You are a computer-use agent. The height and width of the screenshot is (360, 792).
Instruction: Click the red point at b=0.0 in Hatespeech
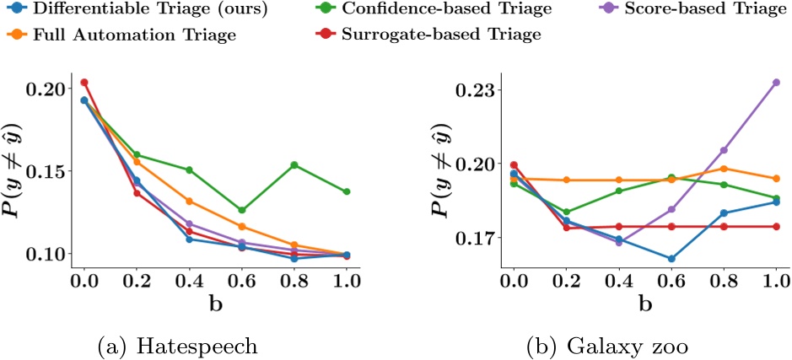(x=84, y=83)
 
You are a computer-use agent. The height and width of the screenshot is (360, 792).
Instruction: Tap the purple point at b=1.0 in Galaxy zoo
(x=775, y=82)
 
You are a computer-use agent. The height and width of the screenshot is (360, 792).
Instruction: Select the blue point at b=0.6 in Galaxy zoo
(x=671, y=259)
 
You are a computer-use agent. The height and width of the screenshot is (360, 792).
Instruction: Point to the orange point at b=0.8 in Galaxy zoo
(x=723, y=169)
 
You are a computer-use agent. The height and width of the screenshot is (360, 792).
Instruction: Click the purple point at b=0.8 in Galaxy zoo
(x=723, y=150)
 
